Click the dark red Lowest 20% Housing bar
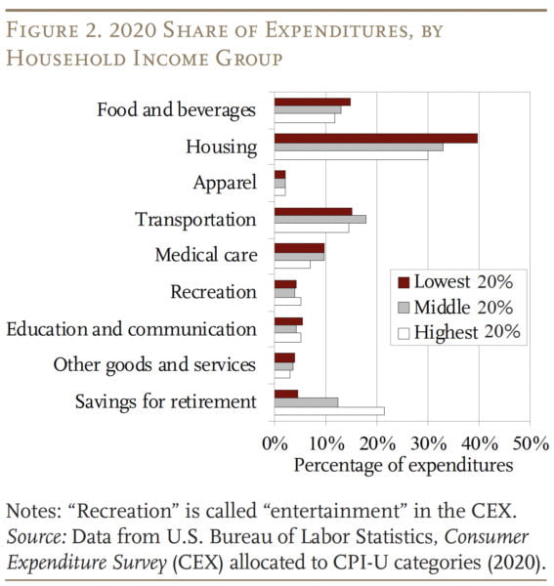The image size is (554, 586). coord(375,139)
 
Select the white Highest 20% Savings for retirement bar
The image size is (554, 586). coord(329,411)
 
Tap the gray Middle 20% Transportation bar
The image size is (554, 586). coord(320,219)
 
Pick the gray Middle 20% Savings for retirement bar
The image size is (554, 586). coord(306,402)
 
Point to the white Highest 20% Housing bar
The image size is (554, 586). coord(351,155)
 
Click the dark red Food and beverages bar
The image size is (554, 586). coord(312,102)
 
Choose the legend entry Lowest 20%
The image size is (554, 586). coord(454,282)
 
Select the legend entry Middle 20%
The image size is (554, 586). coord(455,307)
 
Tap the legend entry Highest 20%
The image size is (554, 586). coord(457,332)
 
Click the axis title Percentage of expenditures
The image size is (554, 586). coord(403,465)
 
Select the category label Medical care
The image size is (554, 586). coord(205,256)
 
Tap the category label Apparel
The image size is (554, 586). coord(225,183)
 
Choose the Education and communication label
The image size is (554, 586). coord(132,329)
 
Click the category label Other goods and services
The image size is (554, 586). coord(154,365)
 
